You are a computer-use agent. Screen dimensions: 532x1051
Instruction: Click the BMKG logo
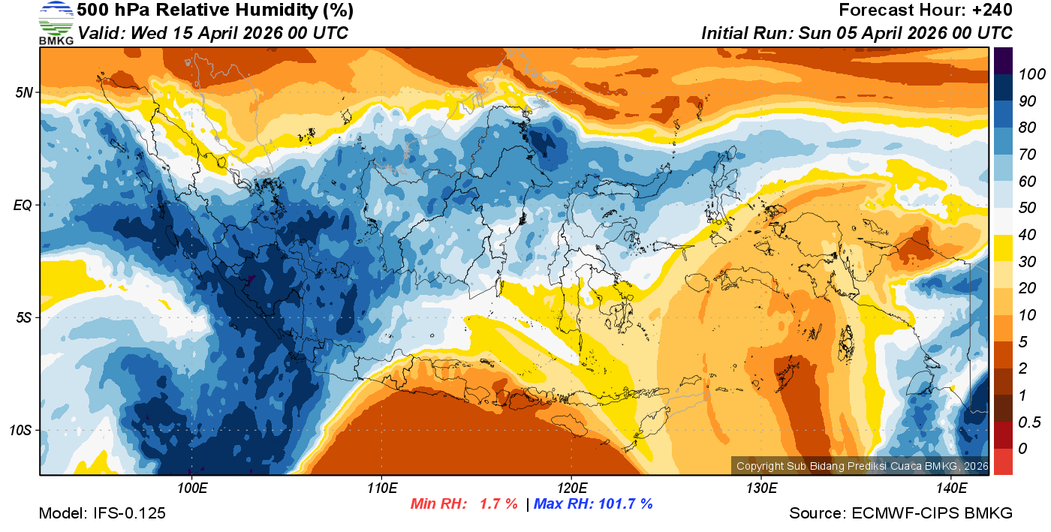pyautogui.click(x=56, y=23)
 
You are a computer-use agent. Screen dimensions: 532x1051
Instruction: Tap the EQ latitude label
pyautogui.click(x=24, y=205)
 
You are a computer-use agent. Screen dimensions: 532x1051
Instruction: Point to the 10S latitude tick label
pyautogui.click(x=21, y=431)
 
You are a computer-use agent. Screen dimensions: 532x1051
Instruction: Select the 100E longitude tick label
pyautogui.click(x=192, y=488)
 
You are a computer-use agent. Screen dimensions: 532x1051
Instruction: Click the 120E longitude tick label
pyautogui.click(x=571, y=488)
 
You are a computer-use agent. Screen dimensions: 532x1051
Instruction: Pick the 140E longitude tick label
pyautogui.click(x=951, y=488)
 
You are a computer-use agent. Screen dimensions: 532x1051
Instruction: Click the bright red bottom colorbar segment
pyautogui.click(x=1003, y=461)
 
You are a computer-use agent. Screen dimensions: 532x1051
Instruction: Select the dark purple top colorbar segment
pyautogui.click(x=1003, y=60)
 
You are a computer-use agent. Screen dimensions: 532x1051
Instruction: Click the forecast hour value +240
pyautogui.click(x=989, y=11)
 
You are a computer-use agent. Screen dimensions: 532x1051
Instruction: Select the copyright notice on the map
pyautogui.click(x=860, y=466)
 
